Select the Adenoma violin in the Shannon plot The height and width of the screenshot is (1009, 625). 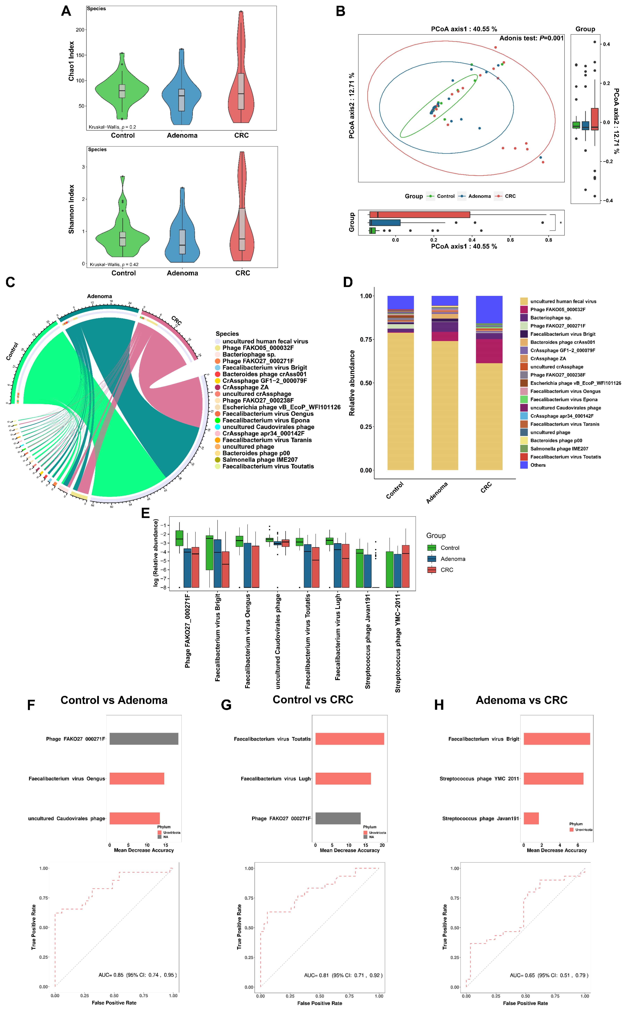(x=182, y=240)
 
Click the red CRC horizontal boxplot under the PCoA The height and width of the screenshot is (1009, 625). (x=420, y=215)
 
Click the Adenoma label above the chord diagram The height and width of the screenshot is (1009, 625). (x=99, y=296)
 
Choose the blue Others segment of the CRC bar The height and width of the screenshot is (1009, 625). (x=489, y=309)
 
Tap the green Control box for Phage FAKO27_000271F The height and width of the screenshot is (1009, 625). (x=179, y=538)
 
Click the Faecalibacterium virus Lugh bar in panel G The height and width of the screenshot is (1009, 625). (x=343, y=779)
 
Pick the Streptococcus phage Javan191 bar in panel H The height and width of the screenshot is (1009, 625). (x=531, y=819)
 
